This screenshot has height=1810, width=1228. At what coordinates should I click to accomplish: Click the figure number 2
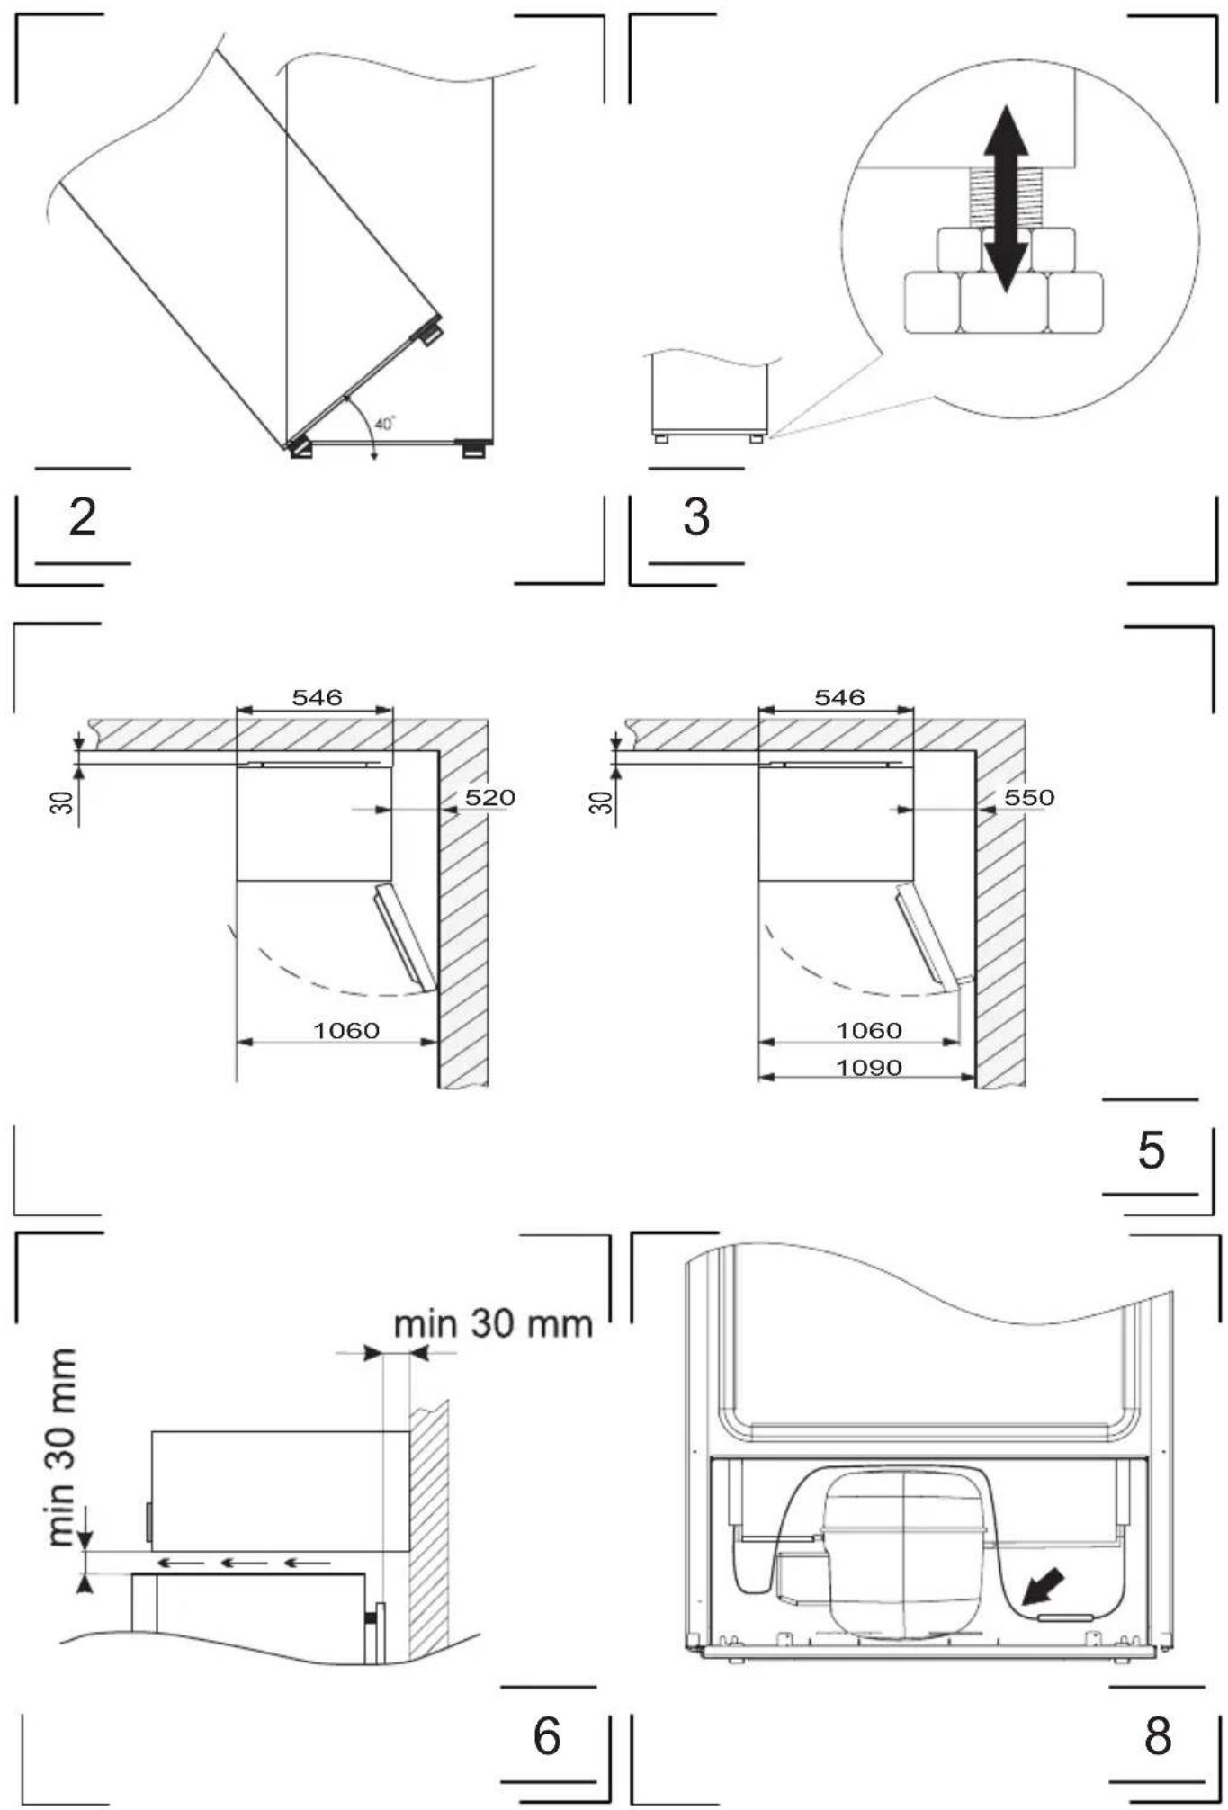(83, 517)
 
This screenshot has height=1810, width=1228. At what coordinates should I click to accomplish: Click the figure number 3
(696, 517)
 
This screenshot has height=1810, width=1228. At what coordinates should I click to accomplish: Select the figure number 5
(1152, 1149)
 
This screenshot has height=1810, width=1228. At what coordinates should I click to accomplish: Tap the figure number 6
(547, 1735)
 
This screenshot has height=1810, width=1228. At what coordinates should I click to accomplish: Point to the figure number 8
(1158, 1735)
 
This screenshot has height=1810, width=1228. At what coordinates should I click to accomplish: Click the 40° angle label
(385, 424)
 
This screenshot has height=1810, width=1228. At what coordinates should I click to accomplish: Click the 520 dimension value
(489, 797)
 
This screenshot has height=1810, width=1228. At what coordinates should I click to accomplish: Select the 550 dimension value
(1029, 797)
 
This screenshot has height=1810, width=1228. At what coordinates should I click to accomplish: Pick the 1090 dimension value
(869, 1067)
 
